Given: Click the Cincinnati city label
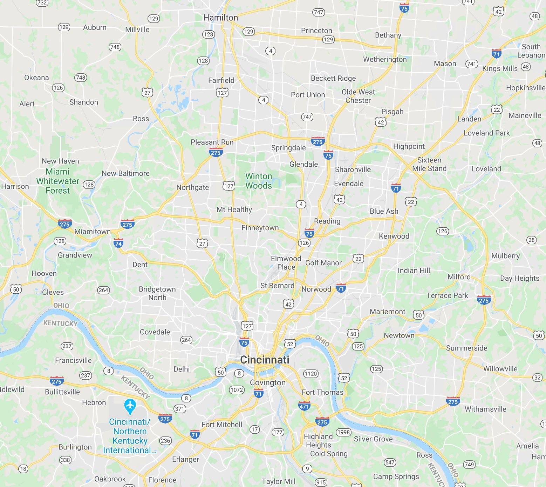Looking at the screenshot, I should pyautogui.click(x=265, y=360).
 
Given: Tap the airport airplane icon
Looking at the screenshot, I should pyautogui.click(x=130, y=406).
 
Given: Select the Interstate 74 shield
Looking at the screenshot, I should pyautogui.click(x=118, y=243).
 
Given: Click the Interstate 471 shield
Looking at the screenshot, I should pyautogui.click(x=304, y=406).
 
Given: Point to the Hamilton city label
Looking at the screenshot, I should pyautogui.click(x=220, y=18).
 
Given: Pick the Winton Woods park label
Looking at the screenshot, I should pyautogui.click(x=259, y=181).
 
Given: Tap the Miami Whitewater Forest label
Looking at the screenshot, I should pyautogui.click(x=58, y=181).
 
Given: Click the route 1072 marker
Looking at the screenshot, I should pyautogui.click(x=237, y=390).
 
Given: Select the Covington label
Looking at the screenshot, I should pyautogui.click(x=268, y=382).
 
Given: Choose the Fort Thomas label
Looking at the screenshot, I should pyautogui.click(x=322, y=392).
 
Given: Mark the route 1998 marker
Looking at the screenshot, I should pyautogui.click(x=343, y=432).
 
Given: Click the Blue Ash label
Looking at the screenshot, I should pyautogui.click(x=384, y=211).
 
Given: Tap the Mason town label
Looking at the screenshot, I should pyautogui.click(x=445, y=64).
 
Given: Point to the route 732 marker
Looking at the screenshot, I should pyautogui.click(x=42, y=3).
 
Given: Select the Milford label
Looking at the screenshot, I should pyautogui.click(x=459, y=277).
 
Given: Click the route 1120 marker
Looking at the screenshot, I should pyautogui.click(x=310, y=374).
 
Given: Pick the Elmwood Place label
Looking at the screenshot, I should pyautogui.click(x=286, y=263).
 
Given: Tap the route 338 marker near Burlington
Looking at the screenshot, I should pyautogui.click(x=65, y=460).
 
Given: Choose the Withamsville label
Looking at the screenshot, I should pyautogui.click(x=485, y=409).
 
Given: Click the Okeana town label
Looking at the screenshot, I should pyautogui.click(x=36, y=78).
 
